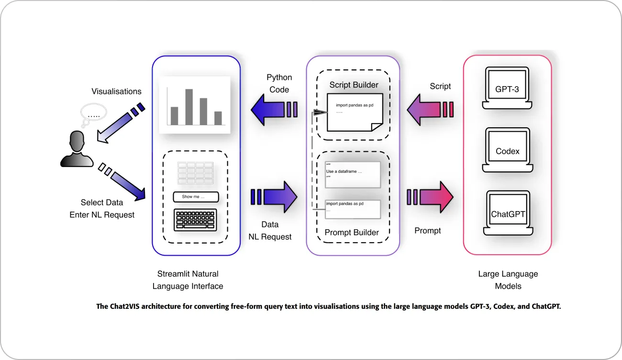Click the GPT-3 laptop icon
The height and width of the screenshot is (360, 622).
507,87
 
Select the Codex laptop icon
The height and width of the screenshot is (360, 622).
507,150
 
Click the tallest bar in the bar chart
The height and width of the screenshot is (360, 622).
189,106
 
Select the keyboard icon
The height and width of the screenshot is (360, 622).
195,220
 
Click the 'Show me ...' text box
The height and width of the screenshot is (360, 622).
195,197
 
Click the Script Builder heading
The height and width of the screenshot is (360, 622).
354,85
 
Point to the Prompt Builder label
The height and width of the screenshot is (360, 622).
352,233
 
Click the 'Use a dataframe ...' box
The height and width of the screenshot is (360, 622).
353,174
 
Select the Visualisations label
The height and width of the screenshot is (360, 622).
116,91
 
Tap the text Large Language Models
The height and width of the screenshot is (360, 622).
508,280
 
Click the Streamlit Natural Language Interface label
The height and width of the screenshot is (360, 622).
188,280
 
